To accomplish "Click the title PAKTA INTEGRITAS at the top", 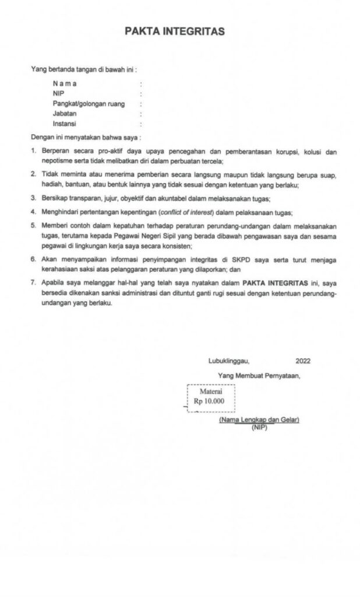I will pyautogui.click(x=174, y=31).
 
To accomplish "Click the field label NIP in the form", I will pyautogui.click(x=58, y=93).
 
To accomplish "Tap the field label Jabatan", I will pyautogui.click(x=65, y=114).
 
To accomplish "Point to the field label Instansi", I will pyautogui.click(x=65, y=124).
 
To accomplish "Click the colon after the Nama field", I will pyautogui.click(x=141, y=83).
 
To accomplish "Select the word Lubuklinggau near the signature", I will pyautogui.click(x=229, y=360).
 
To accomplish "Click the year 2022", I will pyautogui.click(x=303, y=360).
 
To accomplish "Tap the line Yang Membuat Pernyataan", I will pyautogui.click(x=259, y=375).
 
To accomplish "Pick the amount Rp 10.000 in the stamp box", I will pyautogui.click(x=209, y=402).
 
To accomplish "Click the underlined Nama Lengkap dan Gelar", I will pyautogui.click(x=259, y=420).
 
